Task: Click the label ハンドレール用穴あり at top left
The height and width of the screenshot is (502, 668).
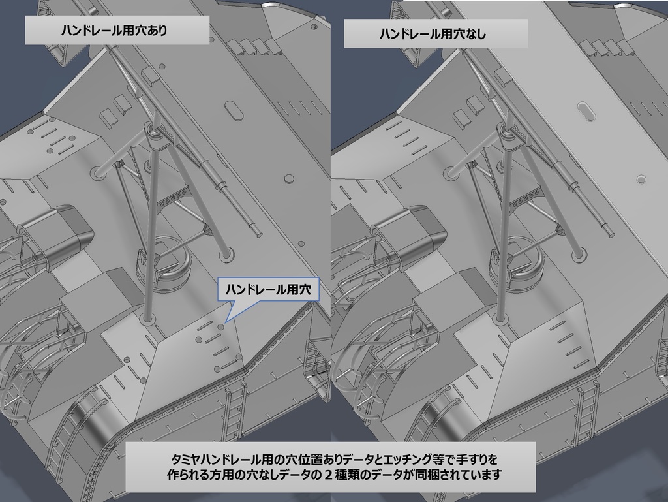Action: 118,31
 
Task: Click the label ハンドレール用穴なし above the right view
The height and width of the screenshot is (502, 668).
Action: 436,34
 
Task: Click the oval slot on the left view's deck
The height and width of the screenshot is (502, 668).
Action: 234,109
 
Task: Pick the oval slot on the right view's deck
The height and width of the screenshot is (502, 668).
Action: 586,111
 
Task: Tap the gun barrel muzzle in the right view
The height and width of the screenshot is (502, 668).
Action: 610,230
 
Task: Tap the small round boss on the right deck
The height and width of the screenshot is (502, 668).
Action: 641,178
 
